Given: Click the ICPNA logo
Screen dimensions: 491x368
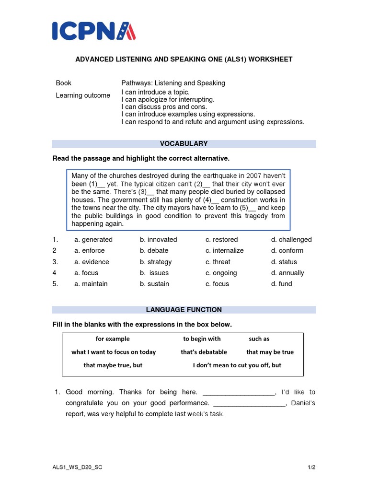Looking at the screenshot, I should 94,30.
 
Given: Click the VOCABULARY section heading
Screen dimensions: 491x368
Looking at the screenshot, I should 184,144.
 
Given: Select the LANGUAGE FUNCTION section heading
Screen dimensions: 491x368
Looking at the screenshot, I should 184,310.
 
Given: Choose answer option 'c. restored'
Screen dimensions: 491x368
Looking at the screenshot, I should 221,240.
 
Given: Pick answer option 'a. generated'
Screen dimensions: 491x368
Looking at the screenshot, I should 93,240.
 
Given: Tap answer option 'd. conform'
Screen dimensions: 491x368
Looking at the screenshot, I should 287,251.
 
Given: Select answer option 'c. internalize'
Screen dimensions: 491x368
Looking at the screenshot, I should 224,251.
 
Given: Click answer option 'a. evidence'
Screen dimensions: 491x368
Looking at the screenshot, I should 92,262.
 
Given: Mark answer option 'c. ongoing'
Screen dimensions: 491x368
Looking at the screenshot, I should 221,273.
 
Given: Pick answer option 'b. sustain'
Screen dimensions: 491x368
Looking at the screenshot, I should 154,284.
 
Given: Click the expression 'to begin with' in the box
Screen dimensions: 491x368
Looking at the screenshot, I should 202,339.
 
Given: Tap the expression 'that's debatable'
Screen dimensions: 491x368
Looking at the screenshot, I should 204,352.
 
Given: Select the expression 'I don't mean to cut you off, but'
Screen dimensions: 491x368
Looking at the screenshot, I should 237,365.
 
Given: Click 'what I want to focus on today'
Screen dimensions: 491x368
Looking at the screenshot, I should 114,352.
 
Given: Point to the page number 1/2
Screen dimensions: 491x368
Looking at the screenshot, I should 311,468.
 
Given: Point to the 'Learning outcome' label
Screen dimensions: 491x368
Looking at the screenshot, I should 83,95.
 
